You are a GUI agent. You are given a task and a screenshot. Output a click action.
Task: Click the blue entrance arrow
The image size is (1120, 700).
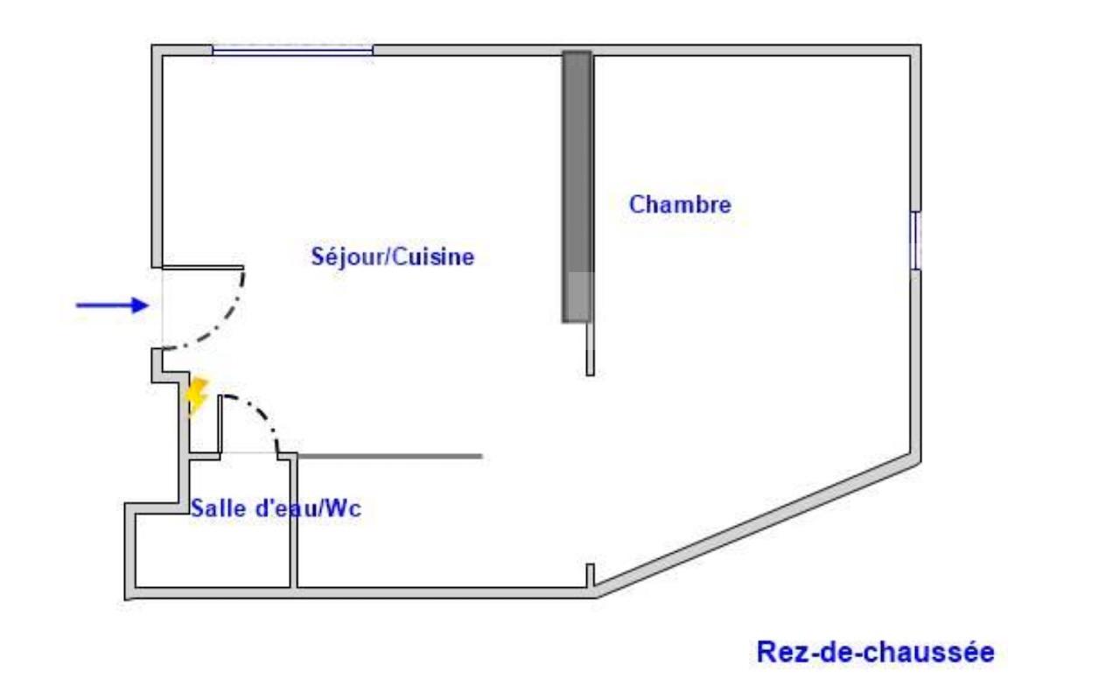click(113, 305)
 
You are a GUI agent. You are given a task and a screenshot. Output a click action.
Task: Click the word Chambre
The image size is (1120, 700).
click(680, 205)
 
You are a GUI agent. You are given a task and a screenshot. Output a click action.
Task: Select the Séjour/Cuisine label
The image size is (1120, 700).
click(393, 257)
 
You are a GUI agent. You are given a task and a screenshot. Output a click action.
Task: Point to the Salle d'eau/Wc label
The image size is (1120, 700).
click(276, 508)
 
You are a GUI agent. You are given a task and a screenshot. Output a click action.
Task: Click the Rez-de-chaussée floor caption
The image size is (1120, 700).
click(876, 652)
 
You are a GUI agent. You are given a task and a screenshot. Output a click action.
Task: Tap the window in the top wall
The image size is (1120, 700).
click(292, 50)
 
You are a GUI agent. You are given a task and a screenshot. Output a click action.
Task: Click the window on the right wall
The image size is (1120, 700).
click(915, 241)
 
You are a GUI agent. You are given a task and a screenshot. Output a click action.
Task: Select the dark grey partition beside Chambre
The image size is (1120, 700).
click(577, 186)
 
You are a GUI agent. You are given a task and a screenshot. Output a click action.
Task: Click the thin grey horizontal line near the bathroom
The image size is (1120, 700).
click(390, 456)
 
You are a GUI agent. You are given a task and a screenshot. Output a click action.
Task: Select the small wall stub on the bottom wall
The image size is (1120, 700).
click(590, 576)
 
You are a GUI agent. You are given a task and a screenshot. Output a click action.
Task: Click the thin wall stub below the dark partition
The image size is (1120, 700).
click(590, 349)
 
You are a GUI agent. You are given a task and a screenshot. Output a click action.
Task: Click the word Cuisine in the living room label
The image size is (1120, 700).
click(433, 257)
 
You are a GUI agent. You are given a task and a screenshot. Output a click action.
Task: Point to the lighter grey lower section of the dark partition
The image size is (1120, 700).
click(578, 297)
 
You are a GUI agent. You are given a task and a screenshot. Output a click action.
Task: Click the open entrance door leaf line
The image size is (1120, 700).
click(203, 268)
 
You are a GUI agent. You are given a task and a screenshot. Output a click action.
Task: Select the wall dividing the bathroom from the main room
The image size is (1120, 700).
click(293, 522)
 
